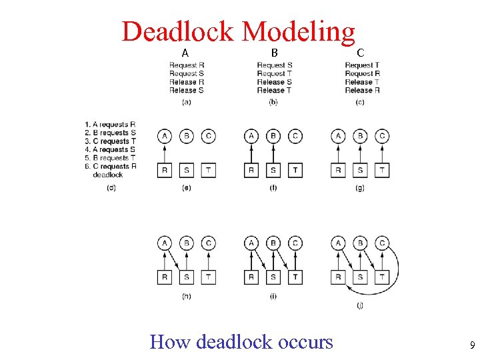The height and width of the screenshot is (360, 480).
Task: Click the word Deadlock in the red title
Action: (x=177, y=31)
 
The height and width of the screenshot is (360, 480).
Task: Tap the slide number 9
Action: (x=472, y=346)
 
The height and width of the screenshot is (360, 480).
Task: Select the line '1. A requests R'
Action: (x=111, y=124)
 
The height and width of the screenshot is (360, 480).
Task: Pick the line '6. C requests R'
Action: (x=111, y=166)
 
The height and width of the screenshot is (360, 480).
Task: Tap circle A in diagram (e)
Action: (x=165, y=137)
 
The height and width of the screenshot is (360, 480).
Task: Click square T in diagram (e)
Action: (x=209, y=170)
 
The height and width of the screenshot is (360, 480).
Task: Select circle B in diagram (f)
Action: (x=273, y=137)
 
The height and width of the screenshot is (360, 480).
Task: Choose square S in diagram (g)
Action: (x=360, y=170)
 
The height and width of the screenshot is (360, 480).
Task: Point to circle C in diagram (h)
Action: (x=209, y=243)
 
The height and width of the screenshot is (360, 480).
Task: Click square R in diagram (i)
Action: (x=251, y=277)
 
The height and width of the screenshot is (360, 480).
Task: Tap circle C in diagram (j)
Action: (x=382, y=243)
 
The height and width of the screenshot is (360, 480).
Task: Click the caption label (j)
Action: (x=360, y=305)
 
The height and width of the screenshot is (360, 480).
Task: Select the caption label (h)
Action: (x=186, y=296)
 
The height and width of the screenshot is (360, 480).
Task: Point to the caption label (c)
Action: (x=360, y=102)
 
